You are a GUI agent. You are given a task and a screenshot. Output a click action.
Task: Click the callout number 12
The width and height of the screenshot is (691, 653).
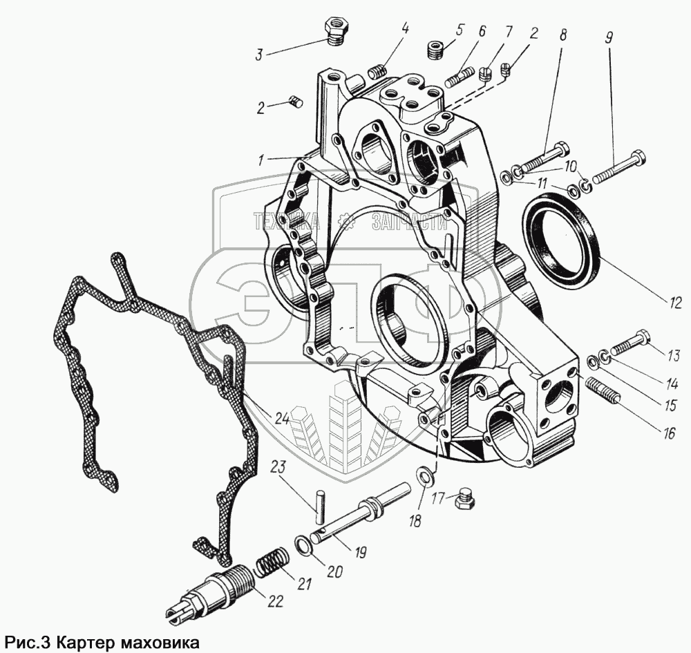click(x=675, y=301)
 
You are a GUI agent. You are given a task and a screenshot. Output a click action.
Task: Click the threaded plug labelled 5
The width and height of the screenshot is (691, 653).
click(x=435, y=50)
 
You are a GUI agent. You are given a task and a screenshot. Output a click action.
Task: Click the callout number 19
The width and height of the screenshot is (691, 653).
click(x=360, y=553)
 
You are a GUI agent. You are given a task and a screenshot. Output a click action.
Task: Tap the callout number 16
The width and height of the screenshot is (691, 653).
click(x=669, y=433)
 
